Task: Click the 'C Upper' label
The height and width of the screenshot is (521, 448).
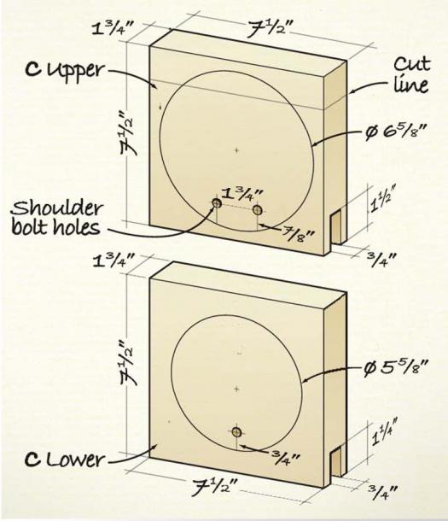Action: click(65, 71)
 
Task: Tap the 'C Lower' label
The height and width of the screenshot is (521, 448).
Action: click(64, 460)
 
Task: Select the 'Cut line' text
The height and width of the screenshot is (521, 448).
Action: click(412, 74)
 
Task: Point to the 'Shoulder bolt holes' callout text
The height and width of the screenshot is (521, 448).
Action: click(56, 218)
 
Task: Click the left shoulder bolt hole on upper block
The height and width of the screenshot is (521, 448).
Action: click(217, 203)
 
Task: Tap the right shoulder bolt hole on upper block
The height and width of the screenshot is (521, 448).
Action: click(257, 210)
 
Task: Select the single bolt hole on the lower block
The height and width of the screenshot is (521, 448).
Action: click(236, 431)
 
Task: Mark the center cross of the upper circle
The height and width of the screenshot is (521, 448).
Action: click(236, 150)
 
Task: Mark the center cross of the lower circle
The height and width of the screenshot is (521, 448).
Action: click(236, 389)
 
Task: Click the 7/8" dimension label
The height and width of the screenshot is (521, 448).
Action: click(298, 234)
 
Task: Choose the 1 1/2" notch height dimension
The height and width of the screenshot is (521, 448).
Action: click(382, 199)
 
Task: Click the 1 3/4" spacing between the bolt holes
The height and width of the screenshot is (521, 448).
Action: click(242, 194)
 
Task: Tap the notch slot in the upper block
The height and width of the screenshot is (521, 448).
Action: click(336, 228)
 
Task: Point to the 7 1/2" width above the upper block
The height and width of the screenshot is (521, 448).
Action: click(270, 29)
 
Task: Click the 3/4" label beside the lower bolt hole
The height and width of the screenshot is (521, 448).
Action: click(285, 459)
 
